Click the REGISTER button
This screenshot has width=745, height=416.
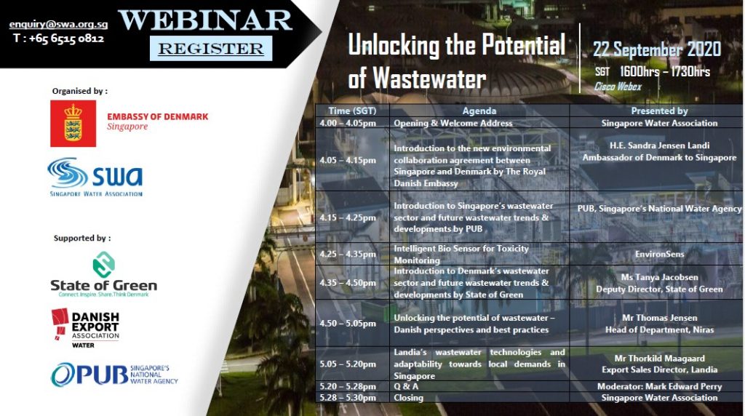pos(211,49)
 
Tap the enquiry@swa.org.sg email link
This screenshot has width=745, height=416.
pos(58,24)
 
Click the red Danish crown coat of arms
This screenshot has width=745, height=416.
pos(73,124)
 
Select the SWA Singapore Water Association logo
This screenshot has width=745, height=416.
pos(95,177)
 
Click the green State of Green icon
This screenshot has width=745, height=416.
pos(103,265)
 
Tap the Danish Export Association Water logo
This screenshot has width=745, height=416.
pos(86,328)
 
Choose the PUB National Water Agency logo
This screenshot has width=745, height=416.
pos(114,375)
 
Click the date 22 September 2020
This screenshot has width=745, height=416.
pos(657,49)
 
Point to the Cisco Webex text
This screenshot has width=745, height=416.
pos(618,87)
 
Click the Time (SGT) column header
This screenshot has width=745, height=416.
pos(352,111)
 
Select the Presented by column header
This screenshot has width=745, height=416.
pos(659,111)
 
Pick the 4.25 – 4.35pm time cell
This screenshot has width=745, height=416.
pos(348,254)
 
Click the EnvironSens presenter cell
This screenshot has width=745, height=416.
pos(659,254)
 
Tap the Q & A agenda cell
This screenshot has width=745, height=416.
pos(406,386)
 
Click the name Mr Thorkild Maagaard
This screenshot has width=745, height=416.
pos(659,359)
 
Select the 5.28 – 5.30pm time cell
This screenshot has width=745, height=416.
pos(348,398)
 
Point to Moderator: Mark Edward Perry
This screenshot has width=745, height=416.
pos(659,387)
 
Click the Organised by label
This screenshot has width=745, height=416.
pos(80,91)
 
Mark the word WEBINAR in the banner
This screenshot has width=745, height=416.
pos(205,20)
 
